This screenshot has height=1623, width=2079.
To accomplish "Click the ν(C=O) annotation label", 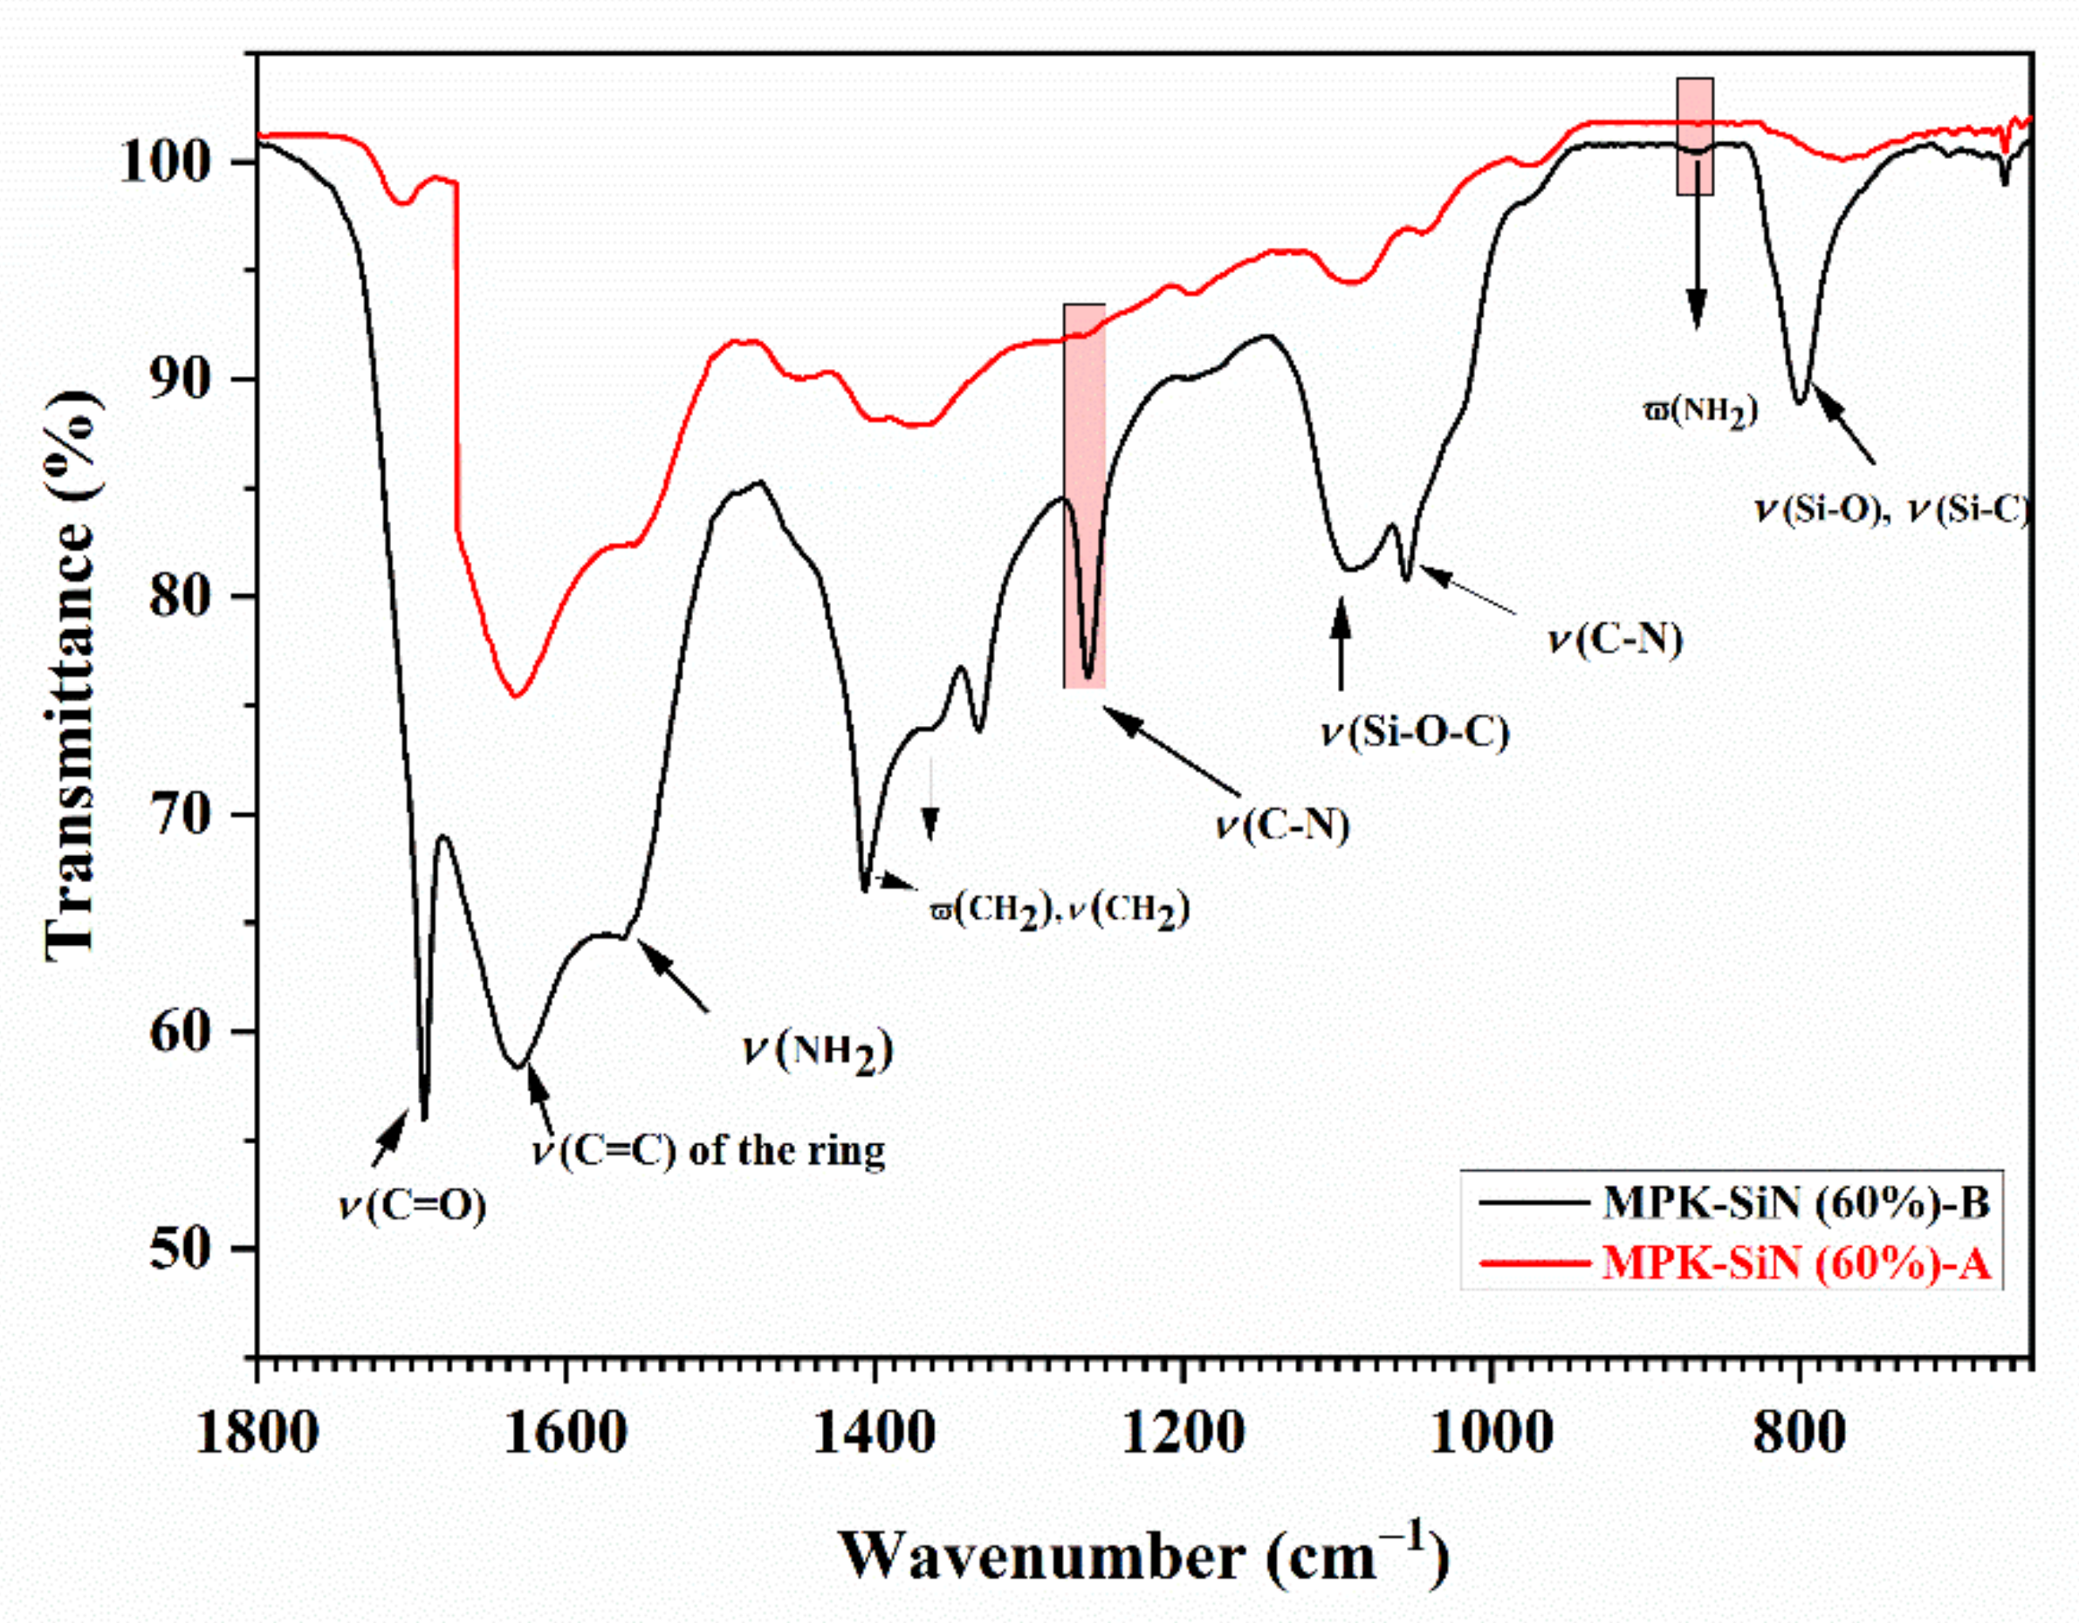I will point(412,1206).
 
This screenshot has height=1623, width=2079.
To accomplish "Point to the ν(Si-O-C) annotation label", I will point(1415,733).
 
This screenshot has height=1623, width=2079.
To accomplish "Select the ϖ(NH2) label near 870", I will point(1700,411).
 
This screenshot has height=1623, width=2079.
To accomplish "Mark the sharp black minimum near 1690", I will point(424,1118).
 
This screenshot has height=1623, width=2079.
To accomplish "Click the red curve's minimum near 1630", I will point(515,695).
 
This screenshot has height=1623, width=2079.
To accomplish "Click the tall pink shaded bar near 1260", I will point(1084,495).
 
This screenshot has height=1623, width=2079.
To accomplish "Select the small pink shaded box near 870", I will point(1694,136).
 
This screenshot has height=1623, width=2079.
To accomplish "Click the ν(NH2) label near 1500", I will point(818,1051).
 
